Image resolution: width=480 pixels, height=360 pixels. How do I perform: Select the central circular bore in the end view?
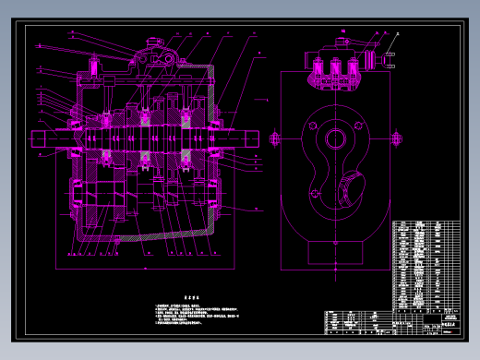tap(335, 138)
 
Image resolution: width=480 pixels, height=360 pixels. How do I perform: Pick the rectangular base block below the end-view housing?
tap(334, 251)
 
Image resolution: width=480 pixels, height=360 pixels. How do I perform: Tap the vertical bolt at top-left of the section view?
tap(94, 69)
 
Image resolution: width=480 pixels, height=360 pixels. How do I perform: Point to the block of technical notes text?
tap(189, 312)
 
